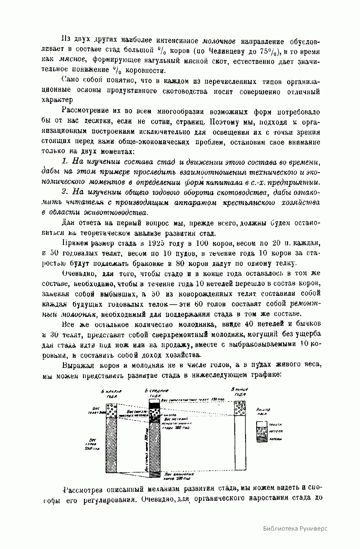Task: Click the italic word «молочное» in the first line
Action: coord(219,41)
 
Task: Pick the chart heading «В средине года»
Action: coord(156,393)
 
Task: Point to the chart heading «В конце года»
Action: coord(239,392)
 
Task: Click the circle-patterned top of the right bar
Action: coord(239,408)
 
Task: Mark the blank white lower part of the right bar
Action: coord(239,444)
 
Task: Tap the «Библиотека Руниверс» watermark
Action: coord(295,528)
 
